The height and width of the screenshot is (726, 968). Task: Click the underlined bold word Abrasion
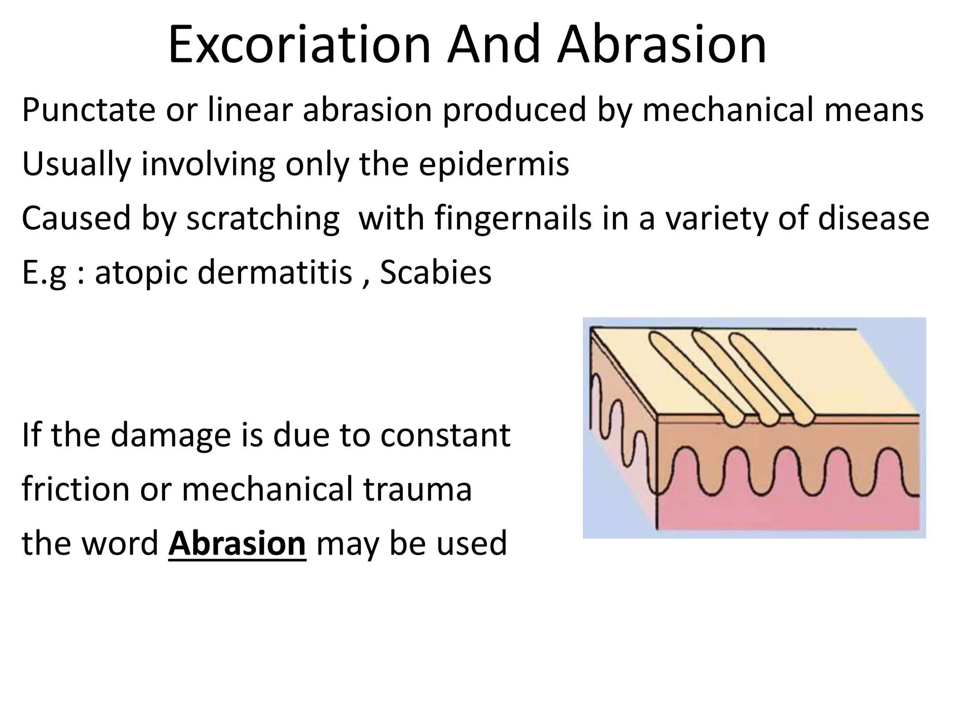(x=237, y=544)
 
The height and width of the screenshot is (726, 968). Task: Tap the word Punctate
(x=88, y=110)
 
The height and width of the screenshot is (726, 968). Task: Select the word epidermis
(x=493, y=164)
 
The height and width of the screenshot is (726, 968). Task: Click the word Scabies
(x=435, y=273)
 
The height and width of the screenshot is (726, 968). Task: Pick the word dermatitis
(x=275, y=273)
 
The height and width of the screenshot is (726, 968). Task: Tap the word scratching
(x=263, y=218)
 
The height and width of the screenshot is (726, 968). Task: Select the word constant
(x=445, y=435)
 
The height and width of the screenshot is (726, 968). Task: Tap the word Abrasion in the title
(x=661, y=45)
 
